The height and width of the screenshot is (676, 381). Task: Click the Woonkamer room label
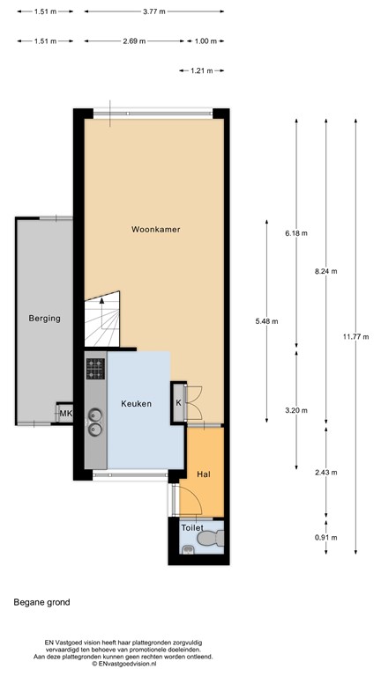155,229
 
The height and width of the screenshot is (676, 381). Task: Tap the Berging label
44,319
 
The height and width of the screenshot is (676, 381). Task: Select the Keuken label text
137,404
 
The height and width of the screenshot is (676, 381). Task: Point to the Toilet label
192,527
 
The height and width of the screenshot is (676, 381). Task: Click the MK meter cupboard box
64,415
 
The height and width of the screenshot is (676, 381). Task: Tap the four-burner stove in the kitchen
95,367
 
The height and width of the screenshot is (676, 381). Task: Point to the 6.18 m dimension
296,233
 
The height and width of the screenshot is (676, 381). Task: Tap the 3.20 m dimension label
296,410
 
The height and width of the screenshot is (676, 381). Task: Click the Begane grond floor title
41,603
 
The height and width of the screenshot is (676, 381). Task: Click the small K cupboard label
179,403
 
